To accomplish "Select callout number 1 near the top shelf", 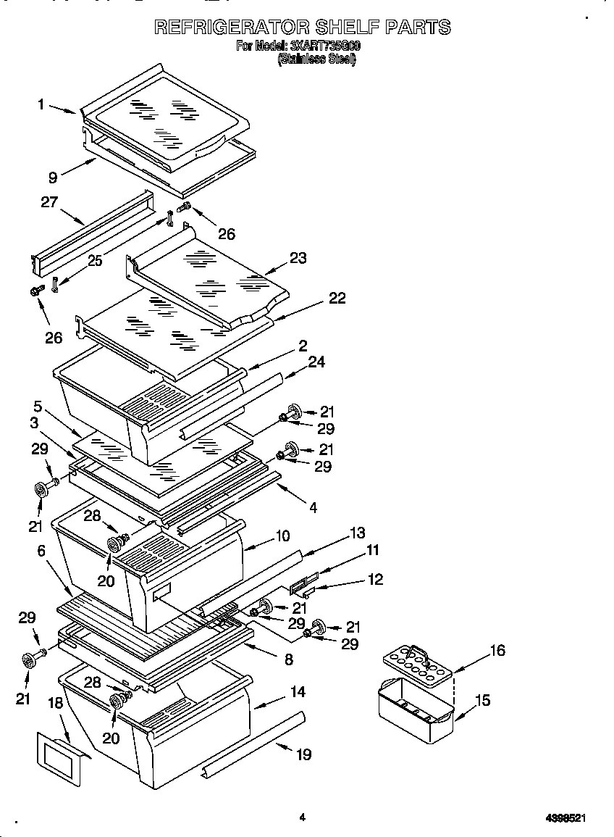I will point(42,105).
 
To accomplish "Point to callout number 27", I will point(49,202).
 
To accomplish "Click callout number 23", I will point(298,258).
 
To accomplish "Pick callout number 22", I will point(336,298).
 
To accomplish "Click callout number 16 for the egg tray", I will point(497,651).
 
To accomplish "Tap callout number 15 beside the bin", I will point(482,700).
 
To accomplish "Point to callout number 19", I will point(304,754).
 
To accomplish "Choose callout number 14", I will point(298,691).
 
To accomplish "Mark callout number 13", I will point(356,533).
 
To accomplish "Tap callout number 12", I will point(375,579).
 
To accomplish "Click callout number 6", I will point(41,551).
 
